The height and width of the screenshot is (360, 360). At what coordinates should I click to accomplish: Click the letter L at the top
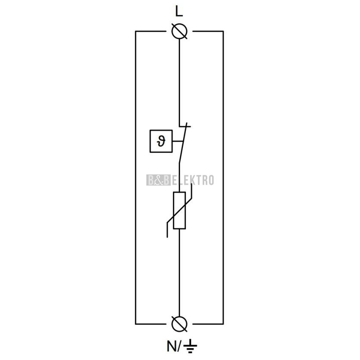click(x=179, y=11)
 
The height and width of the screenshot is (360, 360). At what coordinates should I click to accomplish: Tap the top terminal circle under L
click(x=180, y=31)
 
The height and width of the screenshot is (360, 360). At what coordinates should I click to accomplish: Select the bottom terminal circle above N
click(x=180, y=324)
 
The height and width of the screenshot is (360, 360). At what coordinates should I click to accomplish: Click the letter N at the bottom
click(x=171, y=346)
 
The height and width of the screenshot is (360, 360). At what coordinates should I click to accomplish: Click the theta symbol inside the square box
click(x=161, y=141)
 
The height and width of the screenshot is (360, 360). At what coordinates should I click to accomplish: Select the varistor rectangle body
click(x=179, y=210)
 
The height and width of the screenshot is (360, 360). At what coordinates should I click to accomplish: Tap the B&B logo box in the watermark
click(x=158, y=180)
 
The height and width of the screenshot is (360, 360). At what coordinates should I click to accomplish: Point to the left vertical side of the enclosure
click(x=136, y=177)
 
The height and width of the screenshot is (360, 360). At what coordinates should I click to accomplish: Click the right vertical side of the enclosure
click(x=223, y=177)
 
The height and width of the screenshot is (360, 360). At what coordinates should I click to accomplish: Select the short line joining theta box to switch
click(x=178, y=141)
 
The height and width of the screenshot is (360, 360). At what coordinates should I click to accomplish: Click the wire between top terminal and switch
click(x=179, y=83)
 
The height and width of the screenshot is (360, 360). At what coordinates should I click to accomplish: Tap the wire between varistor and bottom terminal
click(x=179, y=272)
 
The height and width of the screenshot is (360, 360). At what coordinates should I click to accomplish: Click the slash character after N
click(x=179, y=346)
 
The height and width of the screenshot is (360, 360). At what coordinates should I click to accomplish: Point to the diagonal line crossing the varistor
click(x=179, y=210)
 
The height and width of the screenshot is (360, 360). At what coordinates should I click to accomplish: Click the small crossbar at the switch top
click(x=185, y=126)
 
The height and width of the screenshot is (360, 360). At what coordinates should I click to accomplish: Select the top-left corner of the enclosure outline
click(x=136, y=31)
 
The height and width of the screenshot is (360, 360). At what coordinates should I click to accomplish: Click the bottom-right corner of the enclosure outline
click(x=223, y=324)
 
